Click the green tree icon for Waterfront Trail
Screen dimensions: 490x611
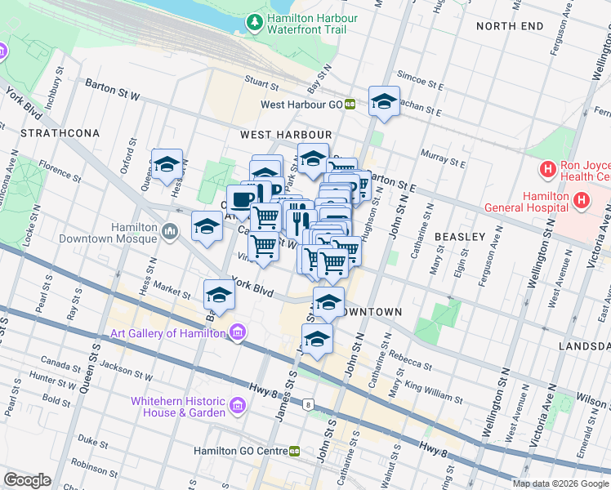(256, 23)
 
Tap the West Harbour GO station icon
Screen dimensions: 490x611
(349, 105)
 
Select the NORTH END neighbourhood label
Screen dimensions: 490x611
(510, 26)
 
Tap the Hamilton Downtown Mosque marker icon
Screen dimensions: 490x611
(170, 232)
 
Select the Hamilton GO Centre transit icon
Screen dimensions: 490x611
(294, 451)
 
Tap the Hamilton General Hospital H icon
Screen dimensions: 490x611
(581, 199)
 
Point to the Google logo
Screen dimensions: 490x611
(27, 480)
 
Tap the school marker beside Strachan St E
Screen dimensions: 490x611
(384, 102)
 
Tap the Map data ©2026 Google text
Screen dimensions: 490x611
(560, 483)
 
